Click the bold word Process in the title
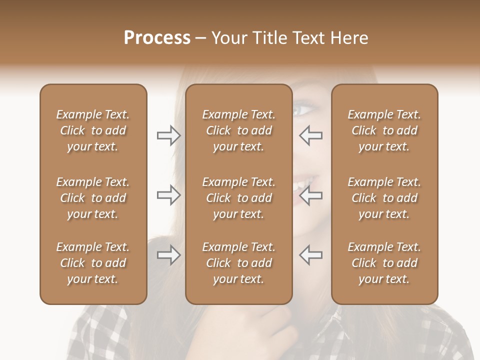[157, 38]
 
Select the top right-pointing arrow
[168, 135]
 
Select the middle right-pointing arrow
[168, 195]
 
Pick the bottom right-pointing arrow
[168, 255]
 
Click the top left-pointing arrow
[311, 135]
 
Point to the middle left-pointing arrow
[311, 195]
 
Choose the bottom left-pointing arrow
[311, 255]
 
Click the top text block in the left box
[93, 130]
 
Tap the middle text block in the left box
[93, 198]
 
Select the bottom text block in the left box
[93, 263]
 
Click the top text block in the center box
[238, 130]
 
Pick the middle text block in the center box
[238, 198]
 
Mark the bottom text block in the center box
[238, 263]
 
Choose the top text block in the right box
[384, 130]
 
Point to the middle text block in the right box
[384, 198]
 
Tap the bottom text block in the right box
[384, 263]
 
